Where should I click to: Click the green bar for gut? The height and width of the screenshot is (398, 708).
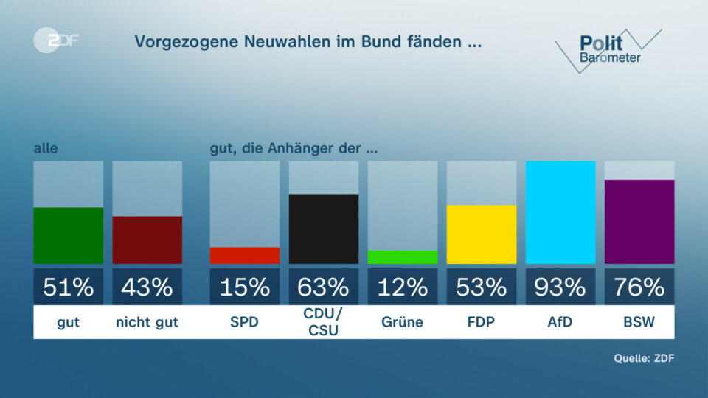68,236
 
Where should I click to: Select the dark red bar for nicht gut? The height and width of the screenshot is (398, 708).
147,240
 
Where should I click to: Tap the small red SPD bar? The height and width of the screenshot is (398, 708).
245,256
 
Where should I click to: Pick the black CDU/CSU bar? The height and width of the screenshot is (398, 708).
324,229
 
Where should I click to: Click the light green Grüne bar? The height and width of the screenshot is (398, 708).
403,257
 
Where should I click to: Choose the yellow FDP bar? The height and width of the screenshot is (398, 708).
482,234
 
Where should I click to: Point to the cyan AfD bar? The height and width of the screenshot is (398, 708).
560,212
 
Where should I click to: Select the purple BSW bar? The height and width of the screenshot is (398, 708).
639,222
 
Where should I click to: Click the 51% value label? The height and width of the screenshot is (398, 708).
68,287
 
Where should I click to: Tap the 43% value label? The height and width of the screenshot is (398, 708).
147,287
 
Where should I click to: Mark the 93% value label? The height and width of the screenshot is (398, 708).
560,287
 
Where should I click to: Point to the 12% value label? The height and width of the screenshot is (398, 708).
403,287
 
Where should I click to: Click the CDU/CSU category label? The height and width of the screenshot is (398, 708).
324,323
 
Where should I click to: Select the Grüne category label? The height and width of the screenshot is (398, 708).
403,323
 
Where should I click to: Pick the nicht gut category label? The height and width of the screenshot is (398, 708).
147,323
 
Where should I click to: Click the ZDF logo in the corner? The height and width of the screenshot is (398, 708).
57,41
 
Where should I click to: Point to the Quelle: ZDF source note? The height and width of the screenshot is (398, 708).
644,359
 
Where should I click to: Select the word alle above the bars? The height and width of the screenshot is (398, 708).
46,149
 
